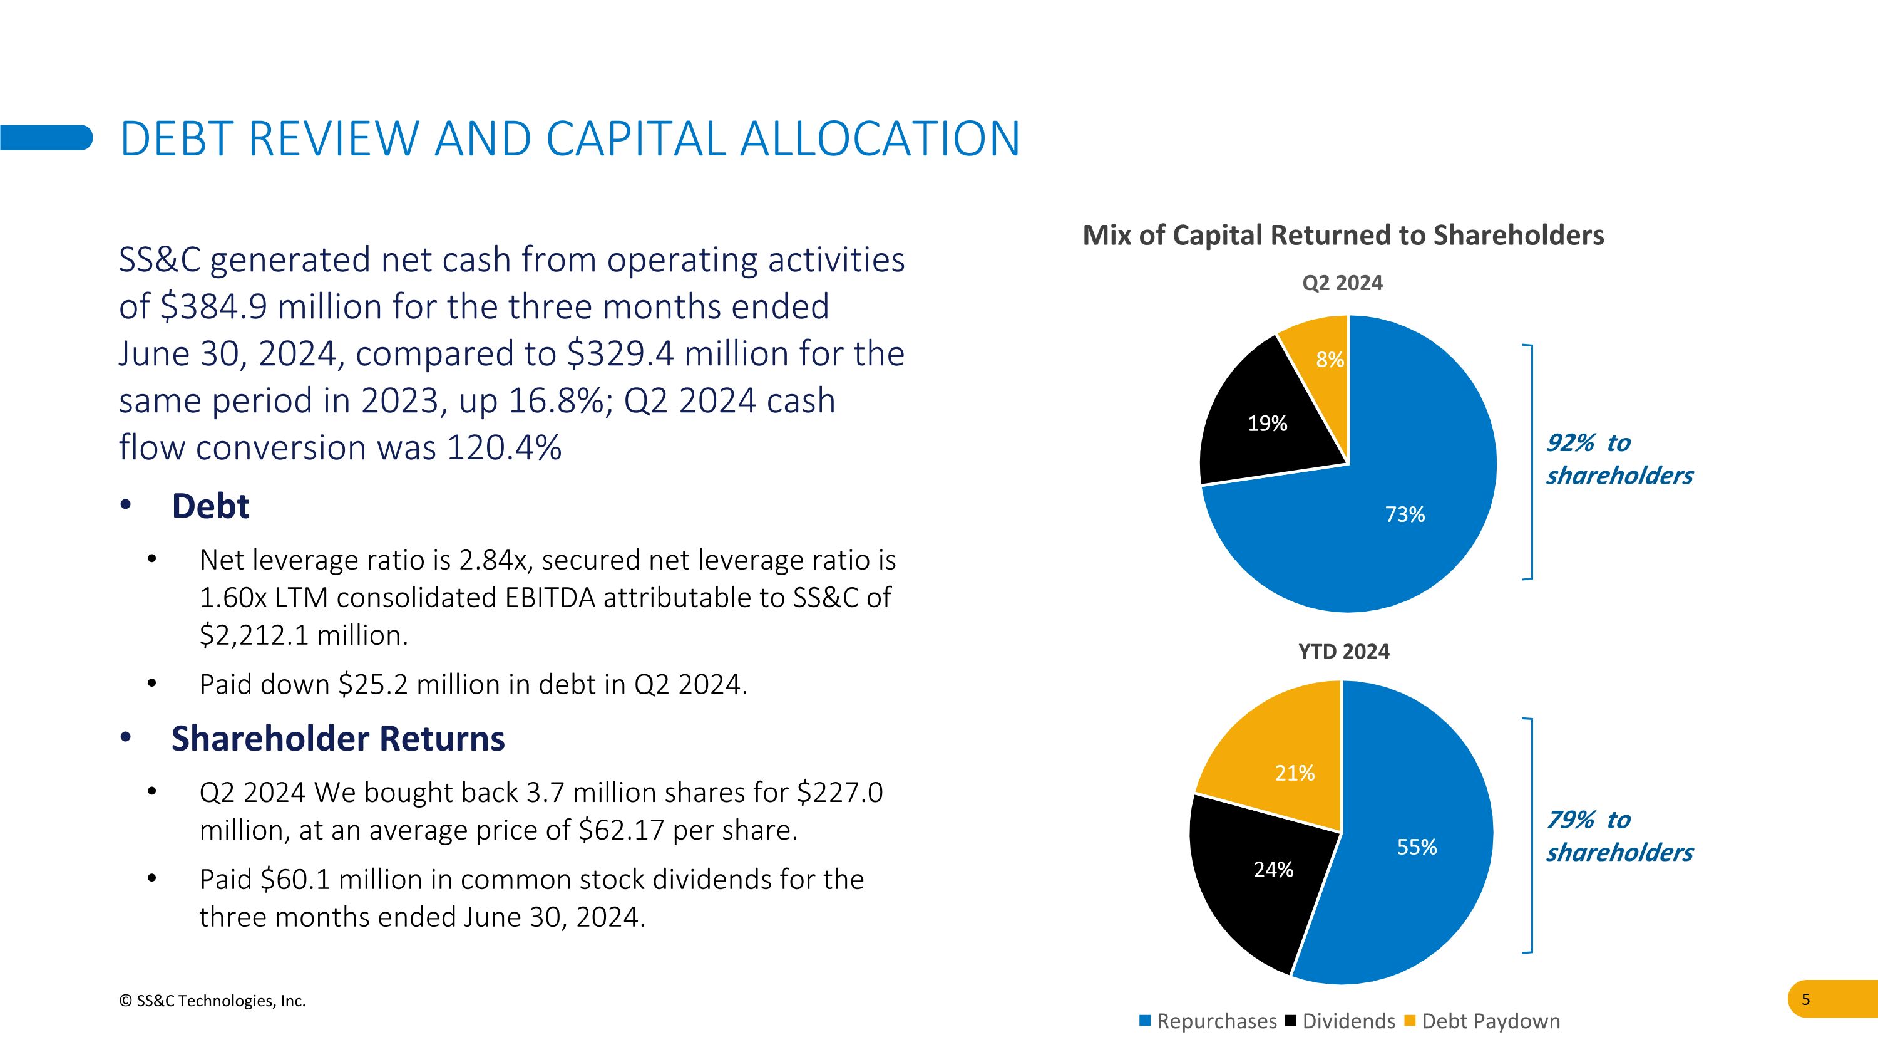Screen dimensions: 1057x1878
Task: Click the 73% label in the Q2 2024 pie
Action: [x=1405, y=514]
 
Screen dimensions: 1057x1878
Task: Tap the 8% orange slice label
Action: [x=1329, y=359]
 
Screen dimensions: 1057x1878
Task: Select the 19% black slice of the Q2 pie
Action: [x=1267, y=424]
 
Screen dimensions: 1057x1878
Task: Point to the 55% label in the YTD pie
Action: [x=1417, y=847]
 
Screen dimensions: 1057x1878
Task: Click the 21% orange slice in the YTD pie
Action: [x=1295, y=773]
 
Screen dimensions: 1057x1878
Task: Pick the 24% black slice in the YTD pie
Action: [x=1273, y=870]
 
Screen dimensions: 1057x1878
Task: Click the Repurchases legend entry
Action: [x=1208, y=1021]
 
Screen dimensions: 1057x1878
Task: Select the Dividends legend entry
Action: [x=1341, y=1021]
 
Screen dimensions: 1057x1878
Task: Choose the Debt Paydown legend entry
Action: [x=1482, y=1021]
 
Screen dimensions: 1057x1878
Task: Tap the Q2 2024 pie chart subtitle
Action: [x=1342, y=283]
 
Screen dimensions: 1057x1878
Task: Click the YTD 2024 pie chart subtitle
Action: [x=1343, y=652]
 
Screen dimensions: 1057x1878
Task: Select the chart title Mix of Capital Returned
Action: [x=1343, y=235]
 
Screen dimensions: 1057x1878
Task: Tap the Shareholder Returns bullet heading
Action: [x=337, y=738]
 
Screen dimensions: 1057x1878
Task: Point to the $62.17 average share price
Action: [x=621, y=830]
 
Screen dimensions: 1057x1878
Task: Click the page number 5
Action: [x=1805, y=999]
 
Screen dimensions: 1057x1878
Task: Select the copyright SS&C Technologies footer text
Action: [x=212, y=1001]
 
